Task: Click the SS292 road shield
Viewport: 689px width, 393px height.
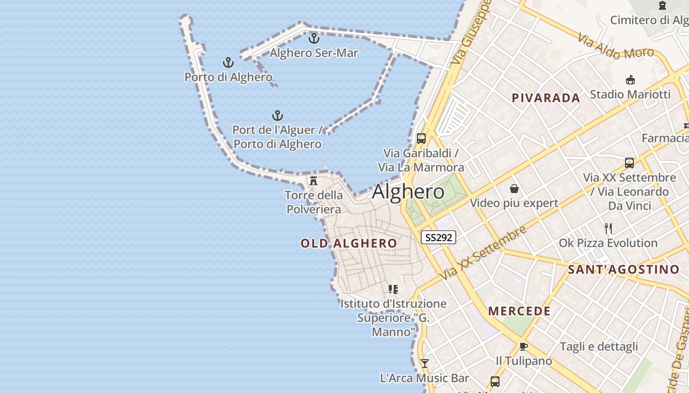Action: coord(438,237)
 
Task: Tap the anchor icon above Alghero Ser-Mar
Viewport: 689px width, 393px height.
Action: coord(314,38)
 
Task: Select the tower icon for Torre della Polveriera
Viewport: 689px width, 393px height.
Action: coord(313,180)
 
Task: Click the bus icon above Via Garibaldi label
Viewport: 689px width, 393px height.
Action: coord(421,139)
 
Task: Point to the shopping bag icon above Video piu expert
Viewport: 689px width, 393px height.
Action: coord(514,188)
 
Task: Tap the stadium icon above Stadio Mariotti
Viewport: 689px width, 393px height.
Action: coord(630,80)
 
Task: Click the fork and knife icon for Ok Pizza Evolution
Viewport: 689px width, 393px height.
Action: coord(608,228)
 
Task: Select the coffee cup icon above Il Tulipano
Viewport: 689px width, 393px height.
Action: coord(524,346)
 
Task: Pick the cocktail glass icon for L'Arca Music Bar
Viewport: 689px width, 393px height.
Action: coord(424,364)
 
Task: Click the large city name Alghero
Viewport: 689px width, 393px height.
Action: coord(408,192)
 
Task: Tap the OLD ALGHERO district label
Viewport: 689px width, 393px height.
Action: coord(348,243)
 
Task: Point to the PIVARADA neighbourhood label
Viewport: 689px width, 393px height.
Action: coord(546,98)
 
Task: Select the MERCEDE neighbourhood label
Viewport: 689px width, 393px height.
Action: coord(519,311)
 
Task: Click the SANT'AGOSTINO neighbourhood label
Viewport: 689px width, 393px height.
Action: coord(624,269)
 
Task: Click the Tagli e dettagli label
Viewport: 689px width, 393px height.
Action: coord(599,346)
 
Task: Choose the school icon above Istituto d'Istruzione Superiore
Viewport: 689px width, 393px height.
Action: coord(393,289)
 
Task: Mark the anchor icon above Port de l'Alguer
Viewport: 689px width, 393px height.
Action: coord(278,115)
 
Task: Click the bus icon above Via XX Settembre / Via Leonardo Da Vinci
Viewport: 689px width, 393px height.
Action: coord(629,163)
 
